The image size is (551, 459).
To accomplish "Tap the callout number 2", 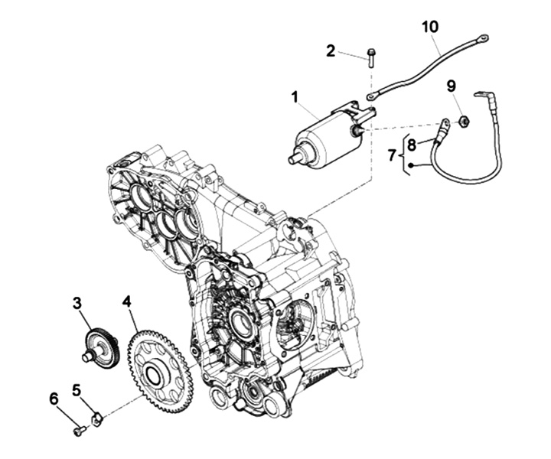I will (x=331, y=51).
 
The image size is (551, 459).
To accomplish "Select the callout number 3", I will (x=77, y=302).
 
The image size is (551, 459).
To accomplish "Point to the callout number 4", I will (x=126, y=301).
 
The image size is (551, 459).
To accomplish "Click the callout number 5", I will (x=77, y=389).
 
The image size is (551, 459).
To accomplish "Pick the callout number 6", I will (x=54, y=399).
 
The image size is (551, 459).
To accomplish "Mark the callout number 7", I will (x=392, y=155).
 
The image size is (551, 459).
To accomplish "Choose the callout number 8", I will (x=411, y=143).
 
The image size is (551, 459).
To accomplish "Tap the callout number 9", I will (x=452, y=86).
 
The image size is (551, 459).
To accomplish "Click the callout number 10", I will (x=430, y=27).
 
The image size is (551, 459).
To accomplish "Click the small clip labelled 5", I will (x=97, y=418).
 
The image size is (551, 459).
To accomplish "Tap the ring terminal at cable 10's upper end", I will (x=483, y=37).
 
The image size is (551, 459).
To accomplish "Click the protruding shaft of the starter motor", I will (x=295, y=160).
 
